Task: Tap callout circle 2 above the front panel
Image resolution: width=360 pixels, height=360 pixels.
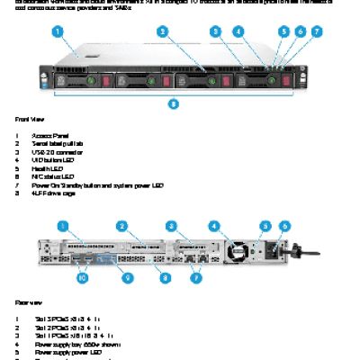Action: tap(162, 31)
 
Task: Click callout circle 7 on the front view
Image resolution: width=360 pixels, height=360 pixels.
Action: tap(316, 31)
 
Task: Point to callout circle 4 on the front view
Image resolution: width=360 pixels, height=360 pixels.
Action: tap(238, 31)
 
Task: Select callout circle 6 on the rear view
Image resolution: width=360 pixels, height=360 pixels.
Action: tap(285, 225)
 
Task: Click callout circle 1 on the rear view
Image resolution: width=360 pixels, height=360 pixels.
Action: tap(64, 225)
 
